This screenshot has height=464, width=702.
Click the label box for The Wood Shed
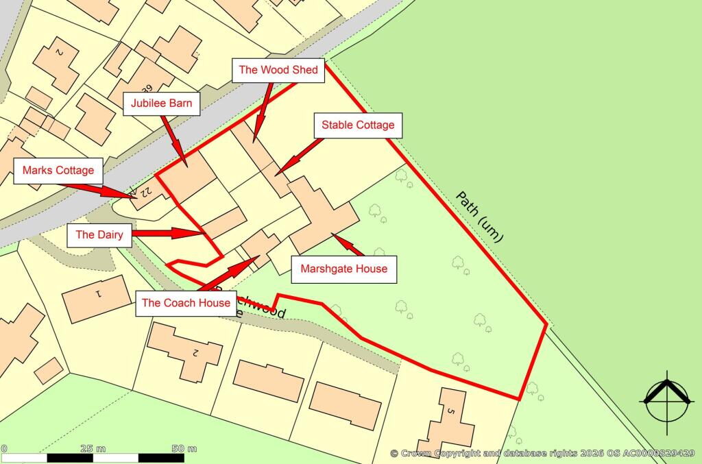point(278,70)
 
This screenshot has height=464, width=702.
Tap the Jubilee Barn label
point(162,104)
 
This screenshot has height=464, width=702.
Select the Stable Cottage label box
point(358,125)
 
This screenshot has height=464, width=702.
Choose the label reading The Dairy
point(99,234)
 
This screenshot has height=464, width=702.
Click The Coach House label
point(185,303)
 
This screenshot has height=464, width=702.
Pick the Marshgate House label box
point(344,269)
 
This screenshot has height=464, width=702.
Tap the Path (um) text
point(480,217)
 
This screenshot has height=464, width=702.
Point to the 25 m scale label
point(93,448)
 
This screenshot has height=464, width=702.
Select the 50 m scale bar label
point(184,448)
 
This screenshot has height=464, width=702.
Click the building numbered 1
point(97,298)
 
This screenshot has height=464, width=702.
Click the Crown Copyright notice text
point(542,453)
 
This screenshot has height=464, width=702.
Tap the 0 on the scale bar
point(3,448)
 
